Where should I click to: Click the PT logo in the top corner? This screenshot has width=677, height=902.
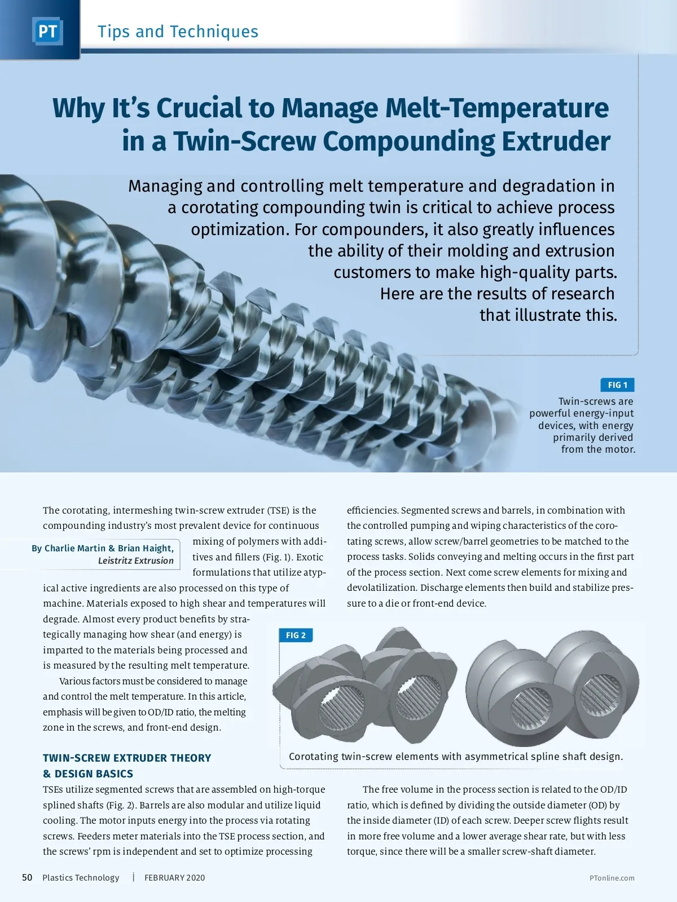click(47, 31)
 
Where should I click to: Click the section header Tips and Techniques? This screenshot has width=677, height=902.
click(178, 32)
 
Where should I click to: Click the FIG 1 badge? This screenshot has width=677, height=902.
click(617, 385)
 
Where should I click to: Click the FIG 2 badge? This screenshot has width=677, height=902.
click(296, 635)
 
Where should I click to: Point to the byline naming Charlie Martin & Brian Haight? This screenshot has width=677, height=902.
click(103, 548)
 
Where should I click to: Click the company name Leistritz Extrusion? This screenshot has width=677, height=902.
click(135, 560)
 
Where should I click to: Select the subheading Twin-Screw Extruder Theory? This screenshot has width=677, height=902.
click(127, 758)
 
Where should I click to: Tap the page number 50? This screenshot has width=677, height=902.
click(27, 877)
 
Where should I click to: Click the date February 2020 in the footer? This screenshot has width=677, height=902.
click(174, 878)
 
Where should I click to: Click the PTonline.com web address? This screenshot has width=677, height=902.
click(612, 878)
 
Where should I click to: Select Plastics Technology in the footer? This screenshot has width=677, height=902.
click(81, 878)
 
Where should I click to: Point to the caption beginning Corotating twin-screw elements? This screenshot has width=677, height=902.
click(456, 757)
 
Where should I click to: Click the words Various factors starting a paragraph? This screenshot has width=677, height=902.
click(90, 681)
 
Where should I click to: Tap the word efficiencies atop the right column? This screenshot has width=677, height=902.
click(372, 510)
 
